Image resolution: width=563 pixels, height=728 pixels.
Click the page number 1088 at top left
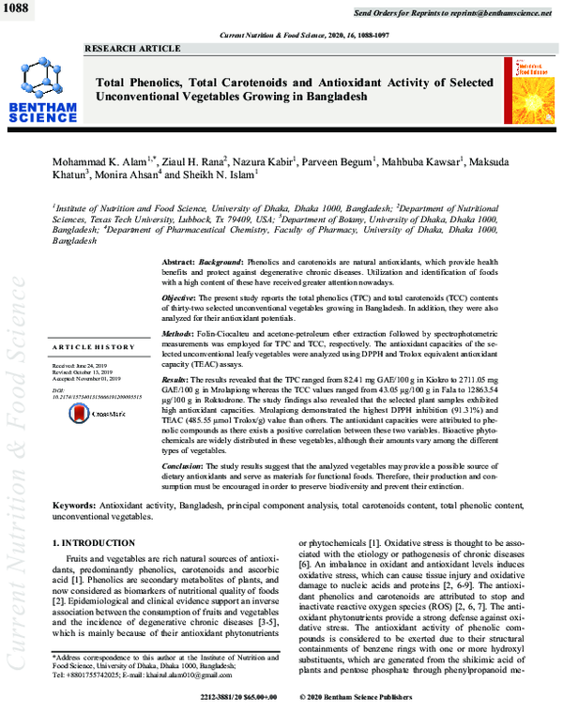click(18, 8)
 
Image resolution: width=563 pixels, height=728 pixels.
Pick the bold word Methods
click(179, 334)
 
